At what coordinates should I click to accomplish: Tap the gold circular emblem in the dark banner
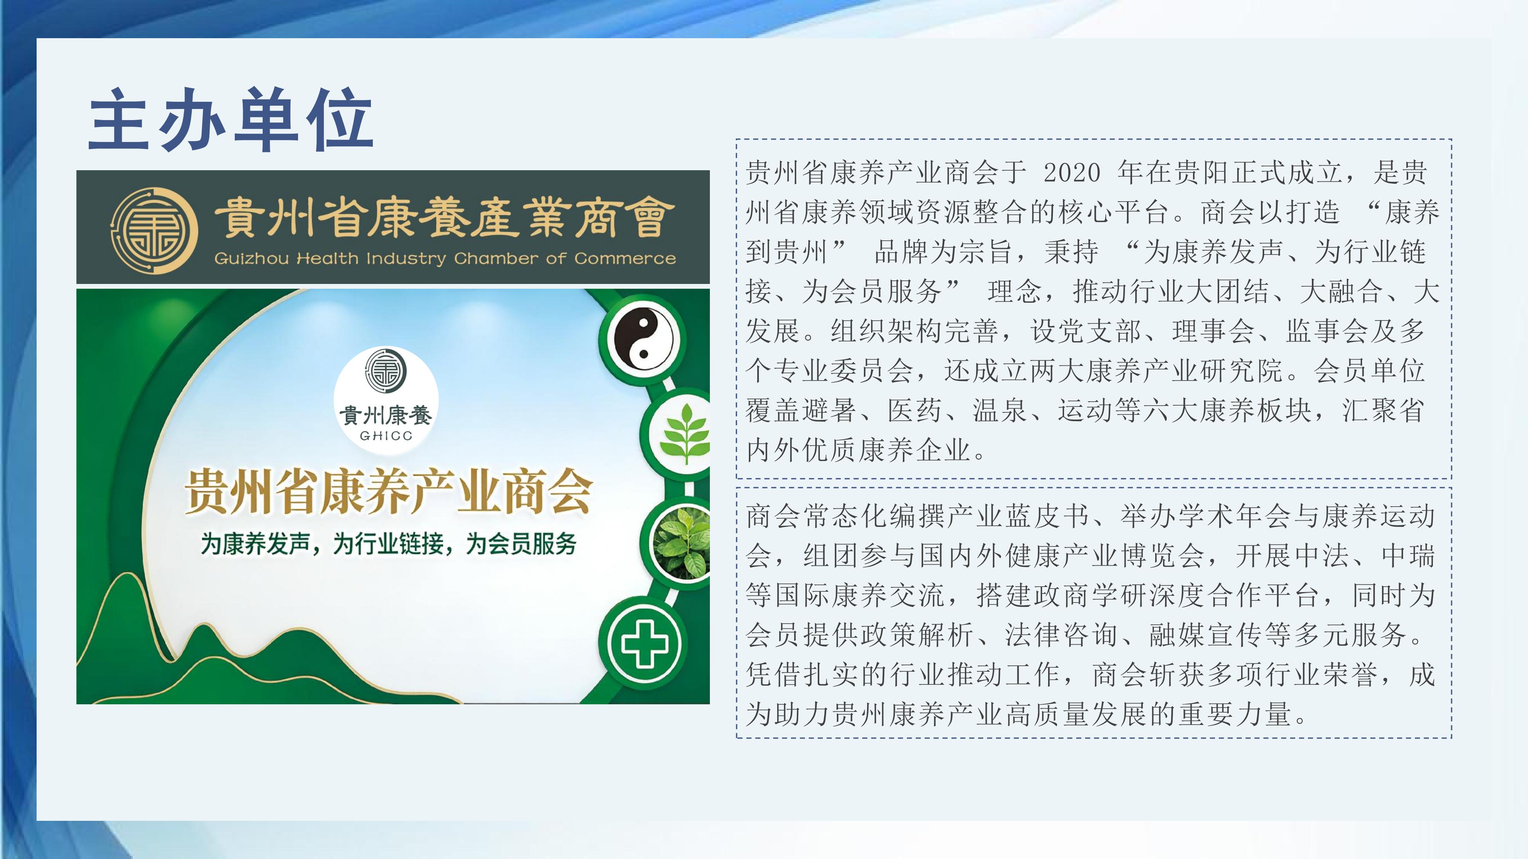coord(155,229)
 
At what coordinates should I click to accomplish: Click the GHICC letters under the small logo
coord(386,436)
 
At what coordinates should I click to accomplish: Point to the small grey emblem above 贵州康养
coord(386,371)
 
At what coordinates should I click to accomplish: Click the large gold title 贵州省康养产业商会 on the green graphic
coord(388,492)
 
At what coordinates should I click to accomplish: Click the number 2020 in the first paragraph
coord(1071,173)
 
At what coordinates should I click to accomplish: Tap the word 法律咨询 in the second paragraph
coord(1061,635)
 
